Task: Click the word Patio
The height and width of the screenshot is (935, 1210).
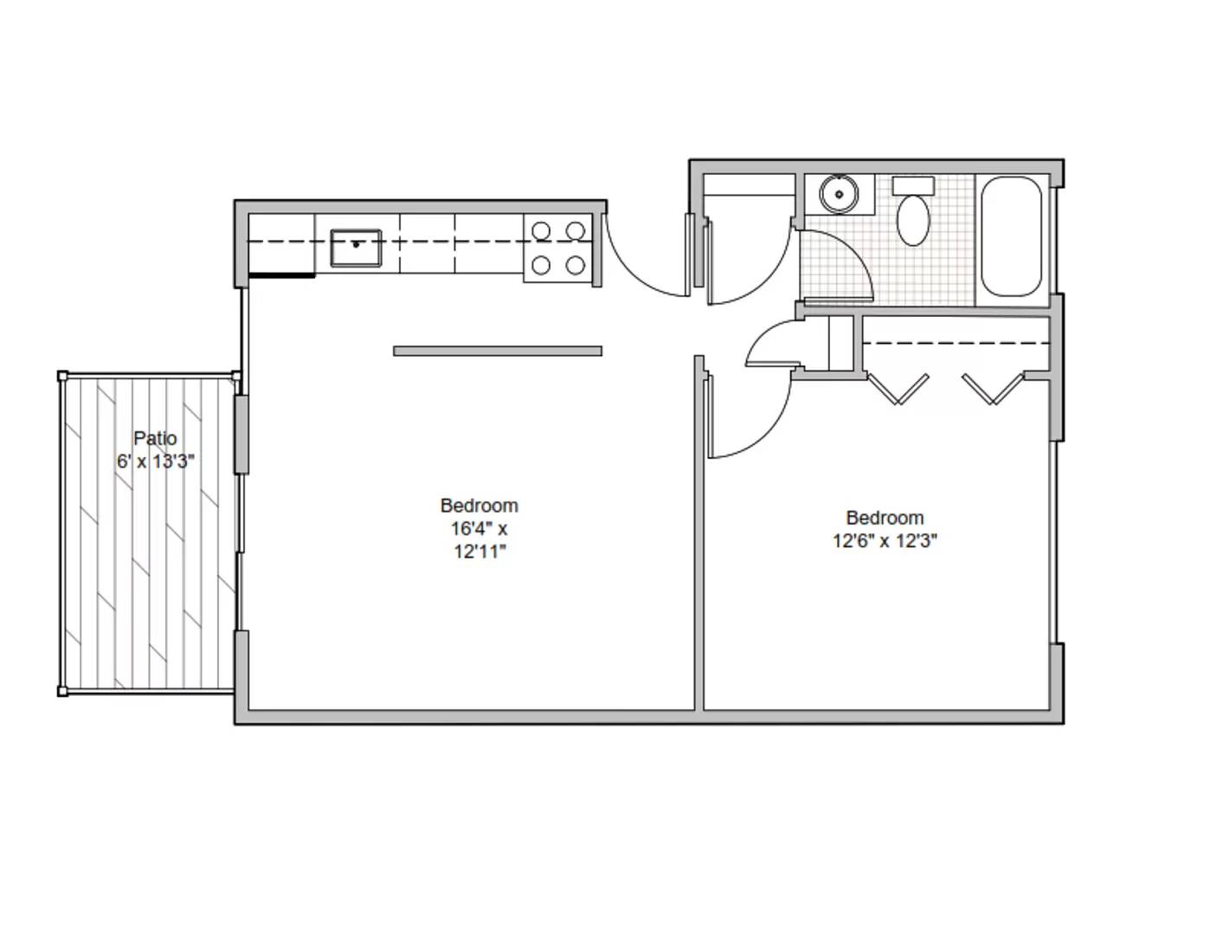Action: point(155,438)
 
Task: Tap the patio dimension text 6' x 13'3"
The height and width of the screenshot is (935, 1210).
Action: point(156,461)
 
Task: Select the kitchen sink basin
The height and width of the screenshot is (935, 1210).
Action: point(356,248)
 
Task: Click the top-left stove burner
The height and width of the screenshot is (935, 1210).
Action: point(541,231)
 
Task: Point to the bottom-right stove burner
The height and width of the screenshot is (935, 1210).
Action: point(576,266)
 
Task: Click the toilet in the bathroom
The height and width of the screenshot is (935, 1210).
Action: point(913,220)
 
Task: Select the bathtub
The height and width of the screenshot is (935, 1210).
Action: point(1011,236)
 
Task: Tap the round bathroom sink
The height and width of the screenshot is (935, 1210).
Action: point(838,195)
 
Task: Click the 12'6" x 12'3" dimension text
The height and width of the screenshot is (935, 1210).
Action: point(885,541)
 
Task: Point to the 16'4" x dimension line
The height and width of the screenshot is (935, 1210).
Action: point(479,529)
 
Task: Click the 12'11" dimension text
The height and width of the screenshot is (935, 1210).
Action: point(479,552)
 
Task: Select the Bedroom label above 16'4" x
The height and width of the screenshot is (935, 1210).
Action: point(479,506)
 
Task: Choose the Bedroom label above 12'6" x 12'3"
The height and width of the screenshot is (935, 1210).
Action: point(885,518)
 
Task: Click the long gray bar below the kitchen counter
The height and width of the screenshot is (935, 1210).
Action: point(498,351)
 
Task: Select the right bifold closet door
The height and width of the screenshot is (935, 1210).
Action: point(994,389)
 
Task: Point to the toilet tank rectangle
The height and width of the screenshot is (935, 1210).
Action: point(913,185)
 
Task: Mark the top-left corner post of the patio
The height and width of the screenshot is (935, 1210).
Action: point(62,376)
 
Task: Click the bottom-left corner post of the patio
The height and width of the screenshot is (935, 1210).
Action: point(62,691)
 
